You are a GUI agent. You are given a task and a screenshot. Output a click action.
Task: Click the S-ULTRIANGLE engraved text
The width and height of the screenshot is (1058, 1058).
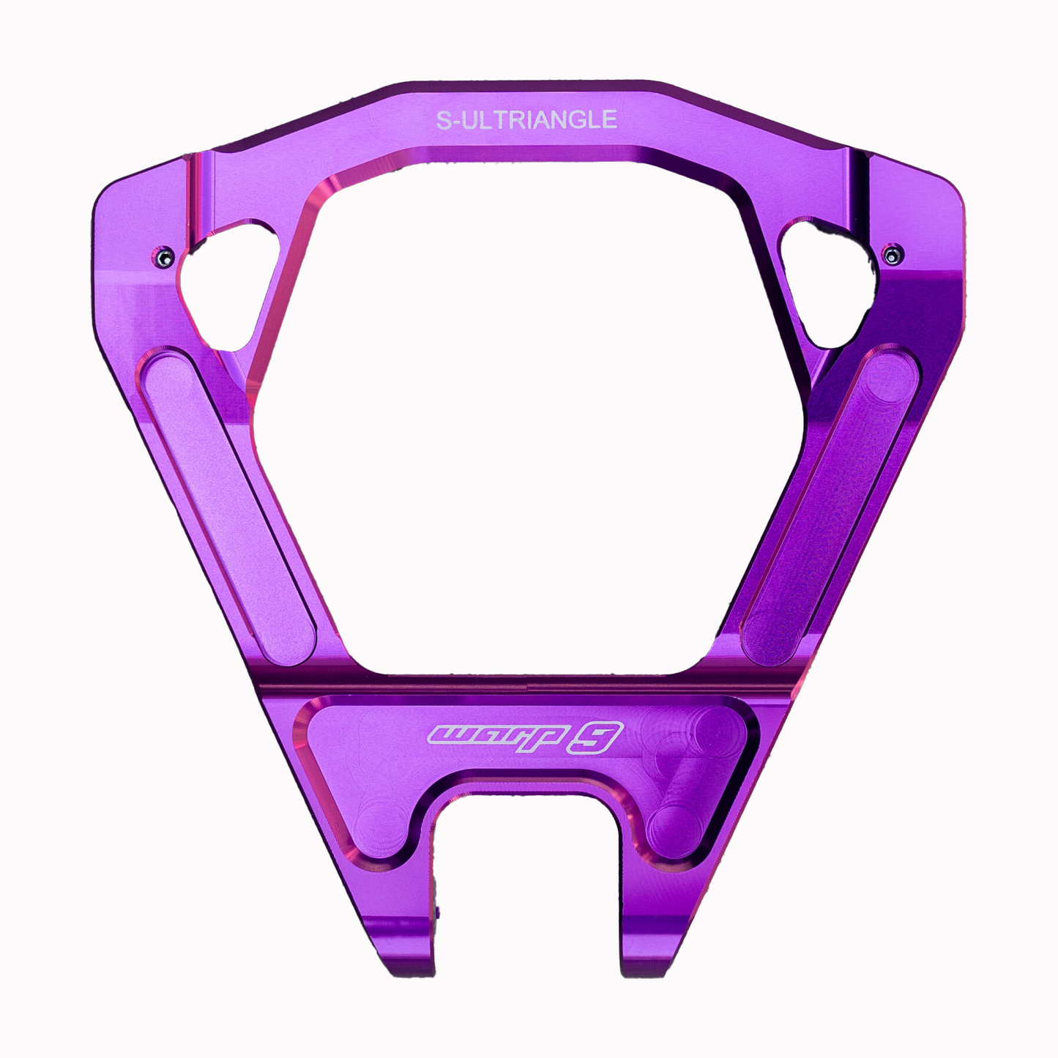pos(526,119)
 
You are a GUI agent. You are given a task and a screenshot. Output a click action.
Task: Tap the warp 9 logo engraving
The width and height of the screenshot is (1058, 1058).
pos(526,737)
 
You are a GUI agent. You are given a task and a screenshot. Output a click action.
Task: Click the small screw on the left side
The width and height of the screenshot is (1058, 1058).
pos(163,257)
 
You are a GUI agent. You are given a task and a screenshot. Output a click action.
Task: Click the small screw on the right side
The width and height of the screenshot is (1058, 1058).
pos(893,254)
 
